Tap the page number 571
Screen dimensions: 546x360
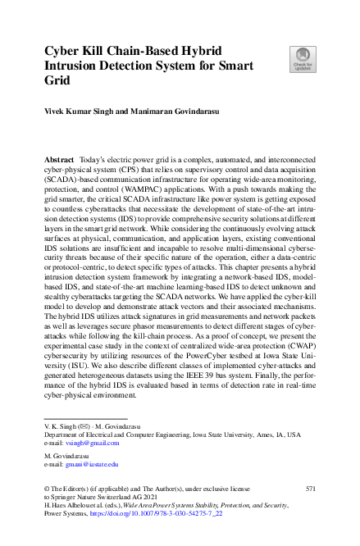point(310,489)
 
